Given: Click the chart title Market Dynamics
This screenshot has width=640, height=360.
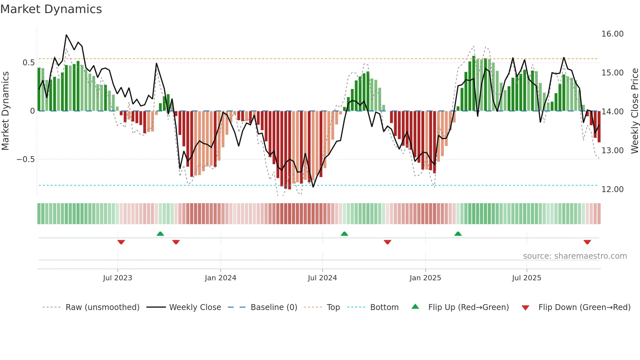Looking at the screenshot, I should pyautogui.click(x=51, y=9).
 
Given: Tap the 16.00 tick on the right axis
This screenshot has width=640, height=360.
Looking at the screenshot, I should pyautogui.click(x=612, y=34).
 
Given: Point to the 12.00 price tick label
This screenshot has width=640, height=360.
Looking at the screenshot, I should pyautogui.click(x=612, y=189).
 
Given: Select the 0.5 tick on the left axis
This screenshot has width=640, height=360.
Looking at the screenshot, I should pyautogui.click(x=29, y=63).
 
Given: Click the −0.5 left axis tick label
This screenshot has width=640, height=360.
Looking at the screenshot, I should pyautogui.click(x=26, y=159).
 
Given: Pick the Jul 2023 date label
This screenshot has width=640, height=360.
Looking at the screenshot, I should pyautogui.click(x=118, y=278).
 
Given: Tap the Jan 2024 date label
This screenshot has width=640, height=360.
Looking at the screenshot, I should pyautogui.click(x=220, y=278).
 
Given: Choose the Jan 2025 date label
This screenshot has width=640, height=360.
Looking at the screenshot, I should pyautogui.click(x=425, y=278).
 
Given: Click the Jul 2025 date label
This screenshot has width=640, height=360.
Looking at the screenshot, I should pyautogui.click(x=526, y=278).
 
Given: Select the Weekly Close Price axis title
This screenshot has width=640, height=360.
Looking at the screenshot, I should pyautogui.click(x=634, y=111).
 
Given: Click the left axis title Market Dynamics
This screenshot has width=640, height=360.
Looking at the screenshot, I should pyautogui.click(x=5, y=111).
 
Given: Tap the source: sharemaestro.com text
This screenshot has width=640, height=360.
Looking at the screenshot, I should pyautogui.click(x=575, y=256).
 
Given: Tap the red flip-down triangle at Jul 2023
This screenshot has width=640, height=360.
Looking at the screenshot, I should pyautogui.click(x=121, y=242).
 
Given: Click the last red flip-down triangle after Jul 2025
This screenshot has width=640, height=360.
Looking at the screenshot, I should pyautogui.click(x=587, y=242).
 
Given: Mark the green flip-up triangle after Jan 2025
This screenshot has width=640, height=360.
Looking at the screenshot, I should pyautogui.click(x=458, y=234).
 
